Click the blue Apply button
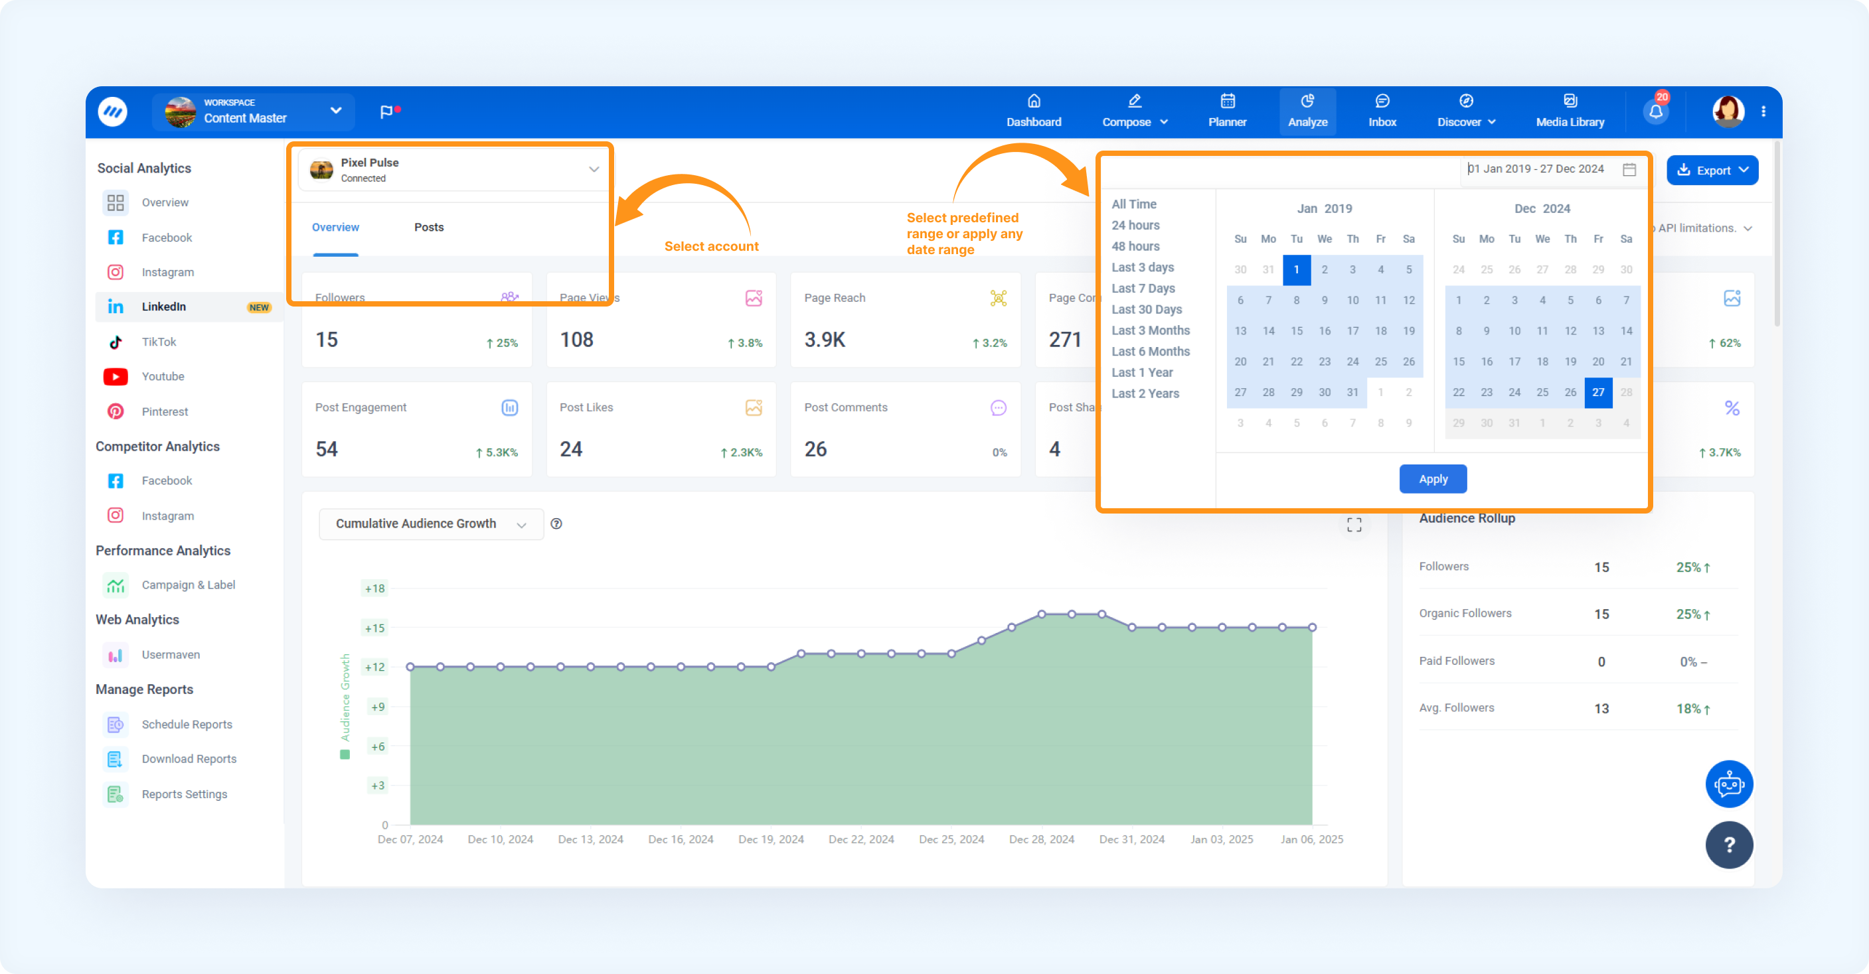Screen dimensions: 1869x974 click(x=1432, y=478)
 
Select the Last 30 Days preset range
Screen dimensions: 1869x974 click(x=1147, y=309)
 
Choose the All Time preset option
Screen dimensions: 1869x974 click(x=1134, y=204)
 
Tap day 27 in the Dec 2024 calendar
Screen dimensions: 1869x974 click(x=1597, y=392)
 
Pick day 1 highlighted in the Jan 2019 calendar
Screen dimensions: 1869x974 click(x=1296, y=270)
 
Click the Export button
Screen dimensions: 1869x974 click(x=1712, y=171)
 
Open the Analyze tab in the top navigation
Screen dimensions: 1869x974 click(x=1307, y=111)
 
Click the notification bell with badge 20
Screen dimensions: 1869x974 click(x=1656, y=111)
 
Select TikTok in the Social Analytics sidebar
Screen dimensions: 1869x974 click(x=159, y=342)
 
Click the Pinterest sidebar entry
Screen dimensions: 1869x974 click(x=165, y=411)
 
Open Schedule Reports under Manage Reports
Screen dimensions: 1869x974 click(x=187, y=724)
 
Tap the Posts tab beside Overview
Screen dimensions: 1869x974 click(x=429, y=227)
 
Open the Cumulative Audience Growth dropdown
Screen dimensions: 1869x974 click(x=431, y=523)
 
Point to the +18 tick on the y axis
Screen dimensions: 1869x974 click(x=374, y=588)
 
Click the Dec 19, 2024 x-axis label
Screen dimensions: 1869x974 click(x=771, y=839)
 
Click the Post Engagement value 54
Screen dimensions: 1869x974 click(x=327, y=449)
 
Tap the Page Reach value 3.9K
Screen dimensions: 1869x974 click(x=824, y=340)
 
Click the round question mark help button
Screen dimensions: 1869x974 click(x=1729, y=844)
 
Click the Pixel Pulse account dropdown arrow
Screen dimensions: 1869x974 click(x=594, y=170)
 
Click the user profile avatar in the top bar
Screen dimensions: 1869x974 click(x=1728, y=111)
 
